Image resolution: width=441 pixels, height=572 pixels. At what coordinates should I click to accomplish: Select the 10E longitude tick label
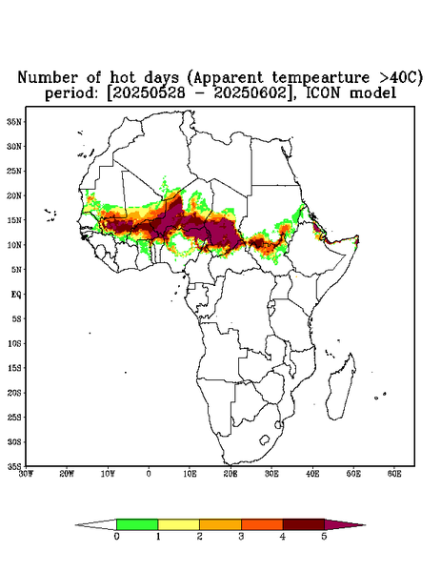coord(190,474)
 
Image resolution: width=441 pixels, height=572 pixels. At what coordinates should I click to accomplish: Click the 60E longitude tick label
coord(394,474)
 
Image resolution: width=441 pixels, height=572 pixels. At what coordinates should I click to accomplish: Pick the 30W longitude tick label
coord(26,474)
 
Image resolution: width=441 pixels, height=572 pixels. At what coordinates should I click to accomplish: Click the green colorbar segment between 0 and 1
coord(137,524)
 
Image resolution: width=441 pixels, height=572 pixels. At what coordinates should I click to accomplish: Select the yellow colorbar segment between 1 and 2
coord(178,524)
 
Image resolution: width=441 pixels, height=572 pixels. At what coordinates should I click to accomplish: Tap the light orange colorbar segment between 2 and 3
coord(220,524)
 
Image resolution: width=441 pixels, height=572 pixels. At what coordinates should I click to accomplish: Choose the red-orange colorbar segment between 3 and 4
coord(262,524)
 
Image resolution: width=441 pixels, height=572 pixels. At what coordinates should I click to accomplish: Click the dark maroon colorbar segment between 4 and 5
coord(303,524)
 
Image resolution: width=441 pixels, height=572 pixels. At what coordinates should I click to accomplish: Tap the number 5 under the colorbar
coord(324,537)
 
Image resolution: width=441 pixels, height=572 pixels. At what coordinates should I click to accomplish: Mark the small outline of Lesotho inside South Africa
coord(265,439)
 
